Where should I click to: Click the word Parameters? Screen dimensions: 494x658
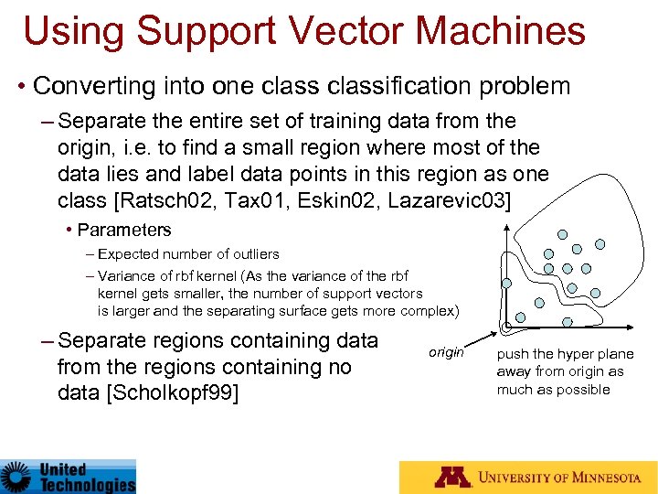tap(124, 231)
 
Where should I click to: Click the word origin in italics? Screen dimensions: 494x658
tap(446, 352)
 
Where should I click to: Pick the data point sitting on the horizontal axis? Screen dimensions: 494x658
tap(568, 322)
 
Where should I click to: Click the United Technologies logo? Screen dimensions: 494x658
tap(68, 476)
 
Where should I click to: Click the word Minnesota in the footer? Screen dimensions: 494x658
tap(599, 478)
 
